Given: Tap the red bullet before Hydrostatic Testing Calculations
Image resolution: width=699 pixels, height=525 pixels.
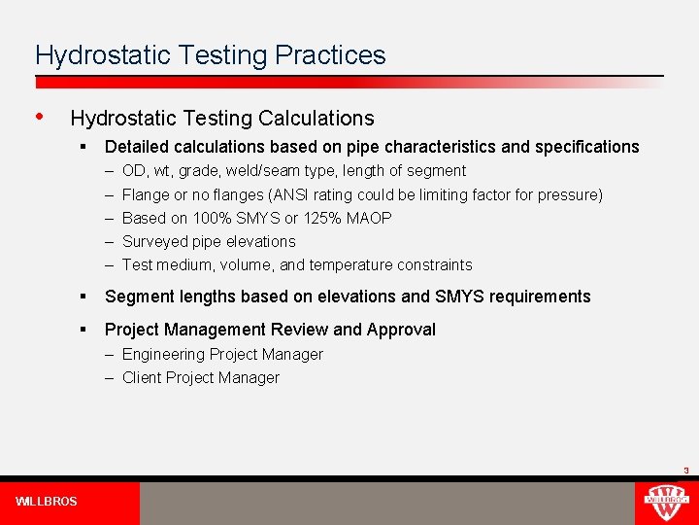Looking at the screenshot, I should [x=39, y=117].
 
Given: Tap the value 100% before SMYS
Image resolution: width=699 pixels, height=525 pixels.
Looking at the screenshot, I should [x=209, y=218].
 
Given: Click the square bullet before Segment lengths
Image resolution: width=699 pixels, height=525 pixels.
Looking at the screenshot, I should [x=84, y=297].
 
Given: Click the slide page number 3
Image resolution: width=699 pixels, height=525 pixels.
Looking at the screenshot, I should [x=685, y=471].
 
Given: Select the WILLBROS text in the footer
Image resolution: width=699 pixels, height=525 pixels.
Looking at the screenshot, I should [x=46, y=502].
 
